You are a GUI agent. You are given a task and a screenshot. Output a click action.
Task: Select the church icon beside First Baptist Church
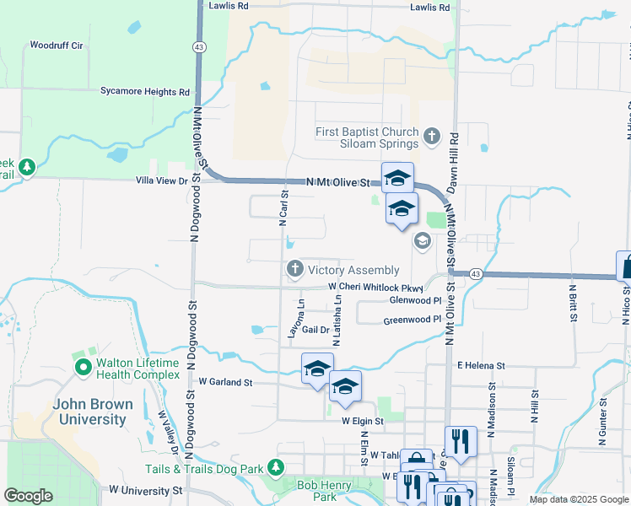[x=432, y=135]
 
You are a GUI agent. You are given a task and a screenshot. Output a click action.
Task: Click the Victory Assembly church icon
[x=294, y=270]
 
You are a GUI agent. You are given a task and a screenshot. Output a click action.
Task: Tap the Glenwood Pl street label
[x=415, y=300]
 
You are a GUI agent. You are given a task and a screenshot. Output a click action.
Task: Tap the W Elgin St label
[x=362, y=421]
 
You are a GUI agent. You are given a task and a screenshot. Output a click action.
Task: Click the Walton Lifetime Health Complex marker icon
[x=83, y=368]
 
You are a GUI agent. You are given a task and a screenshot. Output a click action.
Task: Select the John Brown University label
[x=93, y=411]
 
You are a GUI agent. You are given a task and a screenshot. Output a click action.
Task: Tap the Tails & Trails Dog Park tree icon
[x=274, y=466]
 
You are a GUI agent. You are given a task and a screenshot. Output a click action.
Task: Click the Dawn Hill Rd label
[x=454, y=159]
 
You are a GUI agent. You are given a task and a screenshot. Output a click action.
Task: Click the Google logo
[x=29, y=496]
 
